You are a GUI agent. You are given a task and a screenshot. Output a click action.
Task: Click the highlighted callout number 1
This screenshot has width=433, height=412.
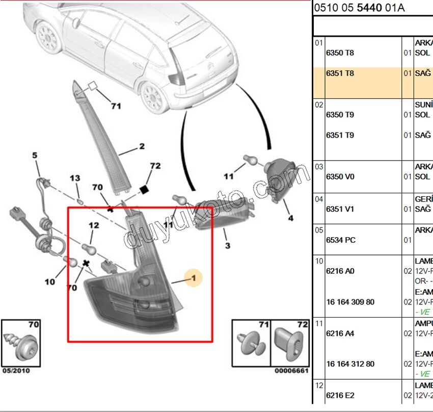[x=194, y=278]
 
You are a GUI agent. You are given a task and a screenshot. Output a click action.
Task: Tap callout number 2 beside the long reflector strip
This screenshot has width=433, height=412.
[x=142, y=147]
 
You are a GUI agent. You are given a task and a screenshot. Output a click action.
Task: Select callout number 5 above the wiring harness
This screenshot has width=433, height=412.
[x=35, y=156]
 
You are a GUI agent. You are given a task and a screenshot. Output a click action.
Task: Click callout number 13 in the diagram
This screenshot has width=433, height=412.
[x=75, y=178]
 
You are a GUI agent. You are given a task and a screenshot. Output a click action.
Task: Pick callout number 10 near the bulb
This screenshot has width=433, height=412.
[x=50, y=281]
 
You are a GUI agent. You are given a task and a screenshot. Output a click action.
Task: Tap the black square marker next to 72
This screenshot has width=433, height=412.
[x=144, y=189]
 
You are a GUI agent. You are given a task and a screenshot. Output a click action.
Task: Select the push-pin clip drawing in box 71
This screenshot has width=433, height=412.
[x=250, y=344]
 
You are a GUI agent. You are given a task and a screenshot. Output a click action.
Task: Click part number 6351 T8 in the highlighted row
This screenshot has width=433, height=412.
[x=340, y=73]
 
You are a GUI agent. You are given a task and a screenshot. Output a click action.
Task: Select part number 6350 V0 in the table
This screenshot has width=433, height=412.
[x=340, y=177]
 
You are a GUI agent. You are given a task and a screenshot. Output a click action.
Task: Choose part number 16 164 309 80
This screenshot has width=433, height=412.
[x=350, y=302]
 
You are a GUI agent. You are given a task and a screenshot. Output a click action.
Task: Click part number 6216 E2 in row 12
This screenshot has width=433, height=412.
[x=340, y=395]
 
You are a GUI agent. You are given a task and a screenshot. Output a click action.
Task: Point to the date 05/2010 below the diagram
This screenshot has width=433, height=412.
[x=15, y=371]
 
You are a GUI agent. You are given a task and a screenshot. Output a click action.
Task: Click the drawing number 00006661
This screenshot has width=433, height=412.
[x=291, y=371]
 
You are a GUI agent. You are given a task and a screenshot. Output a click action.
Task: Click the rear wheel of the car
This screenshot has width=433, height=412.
[x=152, y=96]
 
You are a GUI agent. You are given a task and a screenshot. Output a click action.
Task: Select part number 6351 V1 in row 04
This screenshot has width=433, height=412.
[x=340, y=209]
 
